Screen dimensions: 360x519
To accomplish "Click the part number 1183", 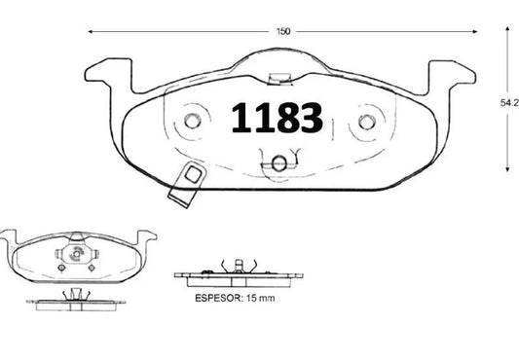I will [x=277, y=117].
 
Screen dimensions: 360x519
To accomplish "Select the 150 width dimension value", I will [x=282, y=31].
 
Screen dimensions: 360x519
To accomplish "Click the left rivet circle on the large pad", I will [x=191, y=121].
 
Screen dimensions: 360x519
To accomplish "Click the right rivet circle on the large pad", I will [x=368, y=122].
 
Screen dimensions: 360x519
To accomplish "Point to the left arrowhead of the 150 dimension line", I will [x=90, y=31].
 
